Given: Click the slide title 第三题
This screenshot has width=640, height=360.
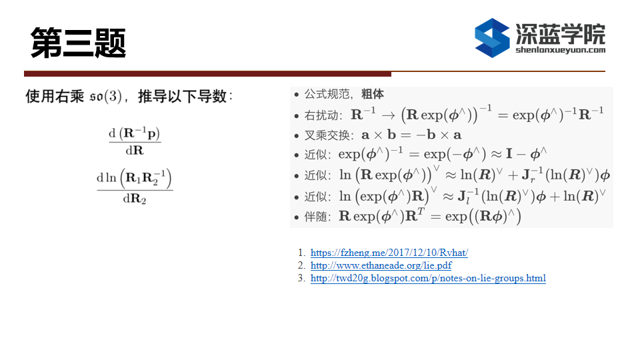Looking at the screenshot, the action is tap(79, 43).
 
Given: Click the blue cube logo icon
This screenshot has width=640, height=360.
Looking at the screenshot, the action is tap(492, 37).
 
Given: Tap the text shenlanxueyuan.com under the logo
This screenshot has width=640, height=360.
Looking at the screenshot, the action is tap(561, 50).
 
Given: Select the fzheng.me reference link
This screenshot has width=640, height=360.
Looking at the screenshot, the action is tap(389, 253).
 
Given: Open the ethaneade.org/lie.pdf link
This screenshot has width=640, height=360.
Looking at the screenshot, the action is tap(381, 265).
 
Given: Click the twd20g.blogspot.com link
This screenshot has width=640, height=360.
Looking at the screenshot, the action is tap(428, 278).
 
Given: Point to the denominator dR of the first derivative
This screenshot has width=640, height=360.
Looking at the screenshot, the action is tap(135, 151).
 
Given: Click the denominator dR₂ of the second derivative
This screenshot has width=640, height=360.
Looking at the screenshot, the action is tap(135, 199).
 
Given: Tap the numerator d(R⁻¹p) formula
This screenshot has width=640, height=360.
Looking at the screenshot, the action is tap(135, 133).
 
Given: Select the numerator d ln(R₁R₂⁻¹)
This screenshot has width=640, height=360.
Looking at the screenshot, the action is tap(135, 178).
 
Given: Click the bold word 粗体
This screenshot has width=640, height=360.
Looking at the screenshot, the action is tap(372, 94).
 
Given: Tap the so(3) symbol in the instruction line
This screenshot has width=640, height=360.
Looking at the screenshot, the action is tap(106, 96).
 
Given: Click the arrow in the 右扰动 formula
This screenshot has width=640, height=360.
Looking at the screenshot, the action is tap(388, 116).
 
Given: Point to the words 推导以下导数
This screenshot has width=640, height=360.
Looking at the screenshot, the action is tap(182, 96).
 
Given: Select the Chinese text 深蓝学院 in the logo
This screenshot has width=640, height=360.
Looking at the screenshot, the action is tap(561, 33).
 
